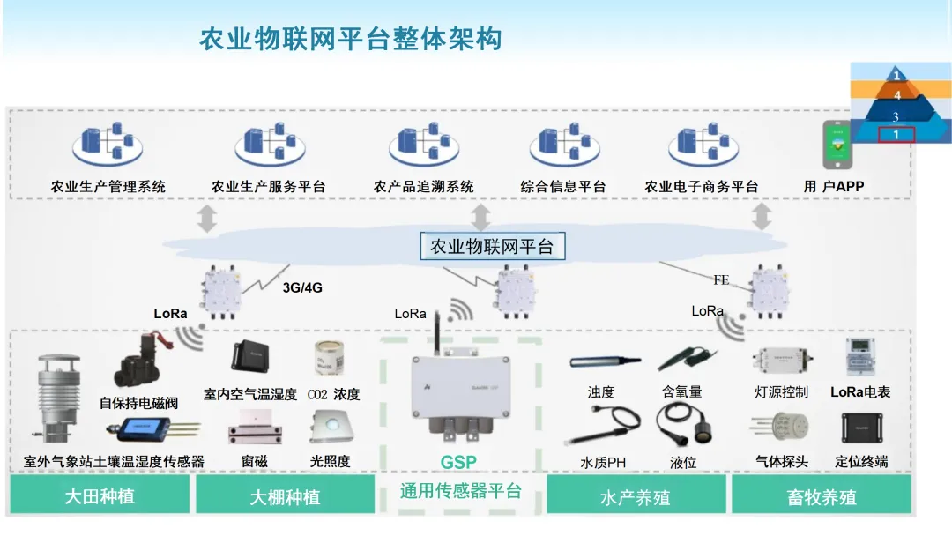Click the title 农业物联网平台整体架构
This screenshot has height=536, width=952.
(350, 40)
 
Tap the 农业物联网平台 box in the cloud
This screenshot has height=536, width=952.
(492, 247)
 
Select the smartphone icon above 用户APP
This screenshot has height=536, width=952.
(837, 145)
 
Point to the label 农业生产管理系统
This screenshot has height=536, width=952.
(108, 187)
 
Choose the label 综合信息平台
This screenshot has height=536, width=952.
(563, 187)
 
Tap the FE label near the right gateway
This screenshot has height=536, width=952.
(721, 280)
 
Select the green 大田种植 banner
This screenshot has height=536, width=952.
(100, 495)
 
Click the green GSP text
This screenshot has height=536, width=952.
(458, 463)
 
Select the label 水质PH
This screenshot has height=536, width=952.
(603, 462)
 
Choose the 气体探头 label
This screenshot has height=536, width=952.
(781, 461)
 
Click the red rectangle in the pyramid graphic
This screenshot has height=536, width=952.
(896, 135)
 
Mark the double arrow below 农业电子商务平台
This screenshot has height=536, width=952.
(762, 217)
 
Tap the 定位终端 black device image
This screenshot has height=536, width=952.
(860, 428)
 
